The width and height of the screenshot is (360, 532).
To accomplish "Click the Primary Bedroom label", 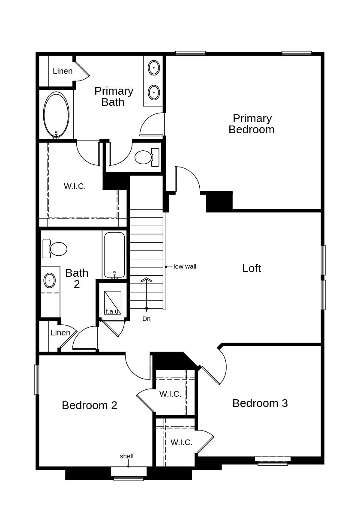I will point(252,124).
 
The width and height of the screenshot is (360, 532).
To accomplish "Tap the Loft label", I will point(252,268).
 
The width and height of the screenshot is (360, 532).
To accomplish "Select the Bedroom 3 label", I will point(260,403).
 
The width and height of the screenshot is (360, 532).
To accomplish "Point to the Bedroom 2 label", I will point(89,405).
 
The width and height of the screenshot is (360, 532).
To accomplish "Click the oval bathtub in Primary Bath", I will point(56,115).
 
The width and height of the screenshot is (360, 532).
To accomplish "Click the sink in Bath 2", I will point(50,281).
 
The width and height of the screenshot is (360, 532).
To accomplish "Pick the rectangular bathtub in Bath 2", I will point(114,255).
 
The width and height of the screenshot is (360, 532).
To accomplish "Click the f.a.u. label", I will point(112,311).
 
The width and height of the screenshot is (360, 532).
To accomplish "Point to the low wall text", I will point(185,266).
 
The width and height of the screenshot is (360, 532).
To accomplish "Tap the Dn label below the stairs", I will point(147,319).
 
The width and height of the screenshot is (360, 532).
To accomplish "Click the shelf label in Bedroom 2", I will point(127,456).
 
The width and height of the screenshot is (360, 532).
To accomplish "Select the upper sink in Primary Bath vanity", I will point(154,68).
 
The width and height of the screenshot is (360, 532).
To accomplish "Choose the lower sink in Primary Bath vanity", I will point(154,92).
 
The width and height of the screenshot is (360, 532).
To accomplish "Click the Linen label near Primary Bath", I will point(63,71).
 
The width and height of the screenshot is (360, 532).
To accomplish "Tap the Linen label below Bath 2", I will point(60,333).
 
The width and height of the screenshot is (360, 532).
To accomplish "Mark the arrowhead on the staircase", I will point(147,280).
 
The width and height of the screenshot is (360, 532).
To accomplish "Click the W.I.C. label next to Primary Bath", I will point(75,186).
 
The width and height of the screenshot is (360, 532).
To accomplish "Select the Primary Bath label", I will point(114,96).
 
